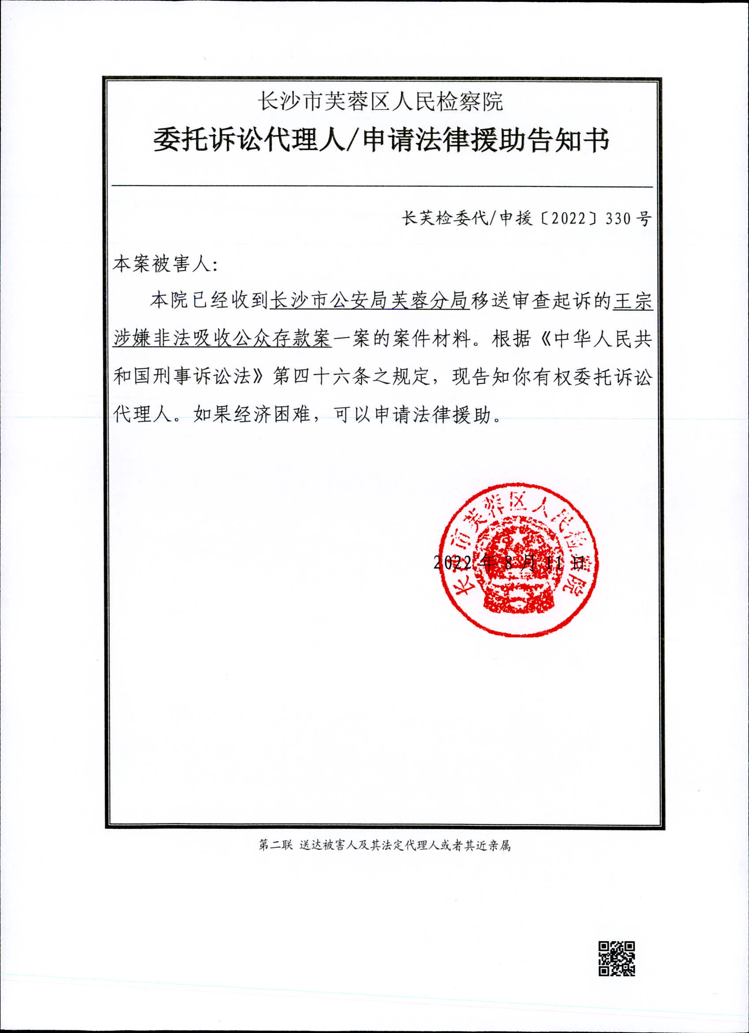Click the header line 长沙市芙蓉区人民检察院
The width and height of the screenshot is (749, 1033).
(380, 101)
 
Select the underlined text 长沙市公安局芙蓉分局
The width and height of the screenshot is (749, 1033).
(370, 302)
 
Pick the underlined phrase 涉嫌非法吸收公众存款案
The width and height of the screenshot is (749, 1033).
(221, 339)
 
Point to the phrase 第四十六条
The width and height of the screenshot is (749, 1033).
(321, 377)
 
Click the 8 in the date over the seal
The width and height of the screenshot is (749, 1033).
(509, 563)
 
